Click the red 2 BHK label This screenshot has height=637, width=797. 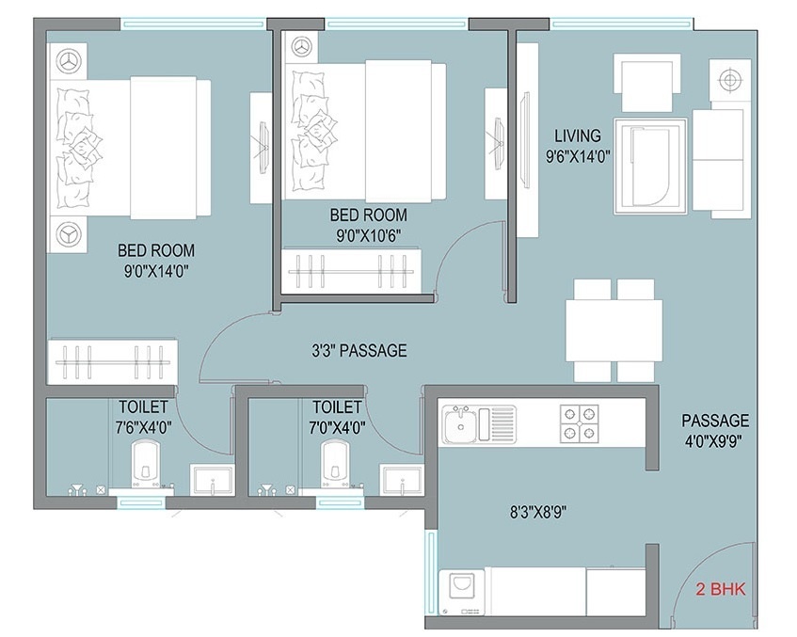pos(719,591)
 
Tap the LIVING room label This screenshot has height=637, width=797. pos(578,136)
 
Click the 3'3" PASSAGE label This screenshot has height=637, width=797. pos(359,351)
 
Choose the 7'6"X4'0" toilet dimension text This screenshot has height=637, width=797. pos(144,425)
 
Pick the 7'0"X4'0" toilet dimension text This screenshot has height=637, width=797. pos(336,425)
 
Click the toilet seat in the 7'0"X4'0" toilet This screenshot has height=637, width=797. pos(337,465)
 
